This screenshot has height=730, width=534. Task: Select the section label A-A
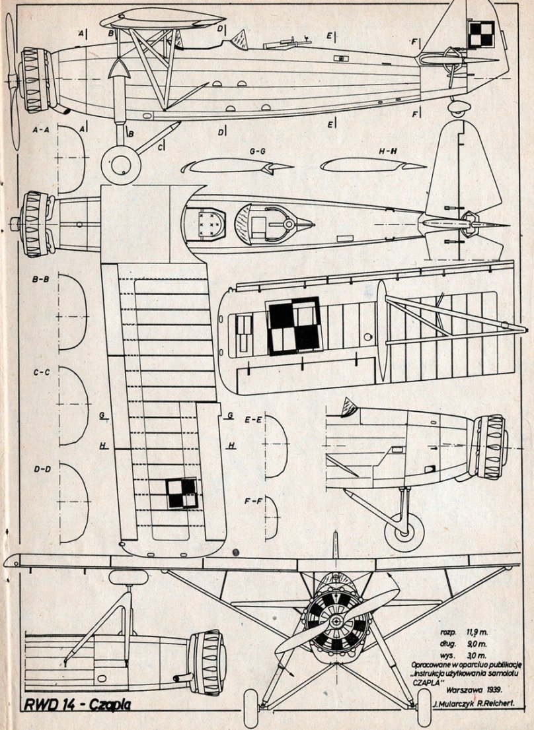pos(41,131)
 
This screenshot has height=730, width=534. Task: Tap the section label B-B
pos(41,279)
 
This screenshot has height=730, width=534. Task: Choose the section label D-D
pos(41,469)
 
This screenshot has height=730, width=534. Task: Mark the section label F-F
pos(254,500)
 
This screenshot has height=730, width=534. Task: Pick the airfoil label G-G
pos(258,151)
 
